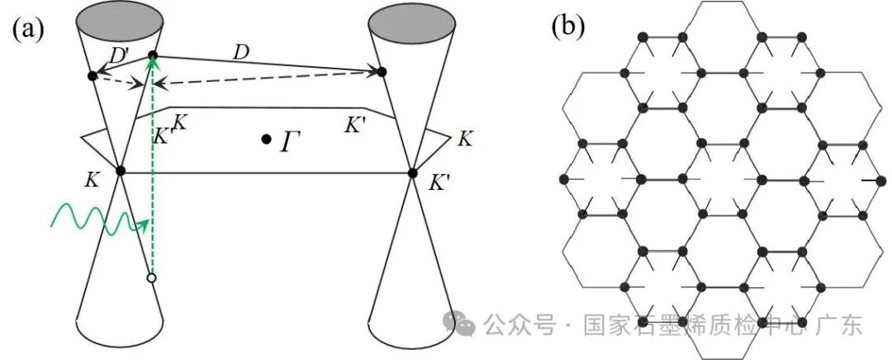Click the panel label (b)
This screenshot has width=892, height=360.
pyautogui.click(x=567, y=26)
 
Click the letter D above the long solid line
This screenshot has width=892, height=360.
pyautogui.click(x=241, y=53)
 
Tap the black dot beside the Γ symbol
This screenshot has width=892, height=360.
pyautogui.click(x=266, y=140)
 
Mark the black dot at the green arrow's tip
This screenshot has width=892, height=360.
pyautogui.click(x=152, y=56)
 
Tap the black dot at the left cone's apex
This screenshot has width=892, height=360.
pyautogui.click(x=121, y=171)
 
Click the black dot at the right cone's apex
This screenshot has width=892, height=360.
pyautogui.click(x=413, y=173)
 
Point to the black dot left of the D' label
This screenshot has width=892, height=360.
pyautogui.click(x=93, y=76)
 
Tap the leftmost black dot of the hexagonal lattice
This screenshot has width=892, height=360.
pyautogui.click(x=565, y=178)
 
